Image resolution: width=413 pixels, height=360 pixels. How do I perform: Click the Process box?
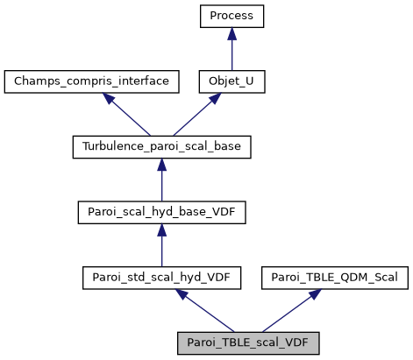231,16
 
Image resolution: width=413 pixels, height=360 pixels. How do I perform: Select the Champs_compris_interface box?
91,81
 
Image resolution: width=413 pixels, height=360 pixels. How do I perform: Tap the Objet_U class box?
231,81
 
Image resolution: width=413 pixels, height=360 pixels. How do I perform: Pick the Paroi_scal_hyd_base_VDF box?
161,213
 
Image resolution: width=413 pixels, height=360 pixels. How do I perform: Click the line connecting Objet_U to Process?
231,53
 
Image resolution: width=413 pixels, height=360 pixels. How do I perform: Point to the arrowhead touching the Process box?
231,33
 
